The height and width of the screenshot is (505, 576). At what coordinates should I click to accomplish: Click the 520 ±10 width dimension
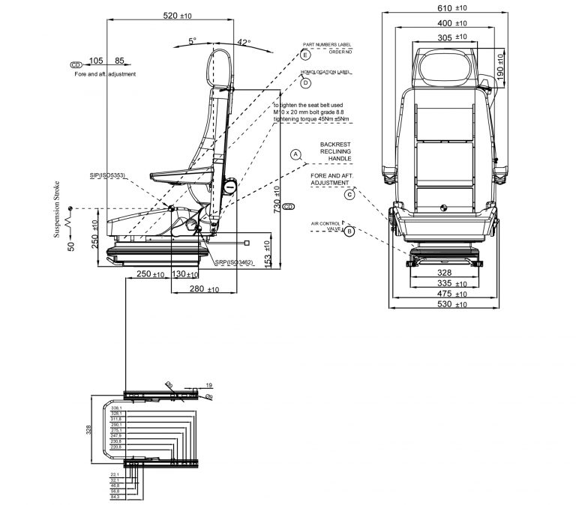pyautogui.click(x=176, y=15)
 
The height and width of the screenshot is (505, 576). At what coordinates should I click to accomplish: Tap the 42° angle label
pyautogui.click(x=244, y=43)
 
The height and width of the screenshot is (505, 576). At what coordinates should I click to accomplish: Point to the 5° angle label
pyautogui.click(x=193, y=42)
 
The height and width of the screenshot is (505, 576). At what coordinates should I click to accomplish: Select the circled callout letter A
pyautogui.click(x=295, y=154)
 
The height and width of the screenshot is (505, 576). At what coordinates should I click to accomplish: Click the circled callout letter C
pyautogui.click(x=349, y=195)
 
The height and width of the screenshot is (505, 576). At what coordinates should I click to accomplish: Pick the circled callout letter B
pyautogui.click(x=349, y=232)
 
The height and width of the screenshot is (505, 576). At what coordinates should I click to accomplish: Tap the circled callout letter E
pyautogui.click(x=305, y=55)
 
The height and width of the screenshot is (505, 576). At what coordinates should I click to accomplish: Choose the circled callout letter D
pyautogui.click(x=305, y=83)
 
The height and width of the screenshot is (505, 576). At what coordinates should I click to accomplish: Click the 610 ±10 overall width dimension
pyautogui.click(x=451, y=7)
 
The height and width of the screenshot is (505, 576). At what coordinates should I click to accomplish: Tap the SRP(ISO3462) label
pyautogui.click(x=233, y=263)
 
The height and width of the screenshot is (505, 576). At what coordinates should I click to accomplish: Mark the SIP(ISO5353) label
pyautogui.click(x=106, y=175)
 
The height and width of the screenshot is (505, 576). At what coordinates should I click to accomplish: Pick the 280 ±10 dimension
pyautogui.click(x=205, y=289)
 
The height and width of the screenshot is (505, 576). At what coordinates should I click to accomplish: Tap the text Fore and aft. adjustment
pyautogui.click(x=105, y=75)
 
